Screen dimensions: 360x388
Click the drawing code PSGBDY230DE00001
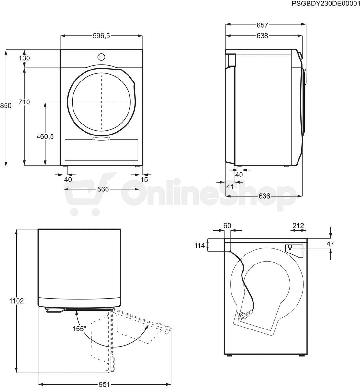coord(326,4)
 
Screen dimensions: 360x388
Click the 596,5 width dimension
coord(101,36)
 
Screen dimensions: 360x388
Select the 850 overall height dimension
coord(6,106)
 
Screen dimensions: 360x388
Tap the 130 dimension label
coord(24,58)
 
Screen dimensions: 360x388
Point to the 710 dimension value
coord(24,102)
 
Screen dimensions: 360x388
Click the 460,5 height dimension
coord(45,136)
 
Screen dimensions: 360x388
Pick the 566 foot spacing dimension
coord(103,189)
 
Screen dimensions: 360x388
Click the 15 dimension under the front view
coord(144,179)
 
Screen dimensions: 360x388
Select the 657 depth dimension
coord(262,25)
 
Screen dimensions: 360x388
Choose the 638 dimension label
coord(262,36)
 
